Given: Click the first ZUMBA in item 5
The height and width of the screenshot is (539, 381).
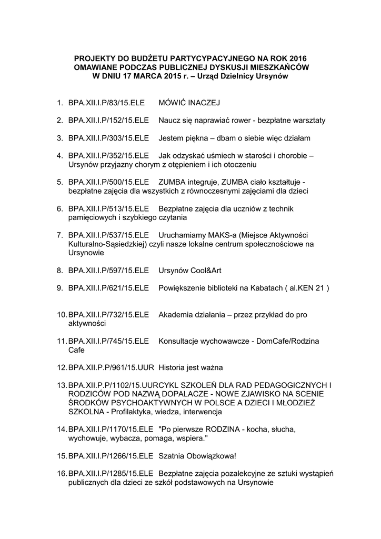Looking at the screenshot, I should tap(171, 182).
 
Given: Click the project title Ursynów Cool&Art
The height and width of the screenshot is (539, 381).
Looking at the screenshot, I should tap(190, 271).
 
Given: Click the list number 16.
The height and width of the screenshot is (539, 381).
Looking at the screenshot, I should tap(62, 473).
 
